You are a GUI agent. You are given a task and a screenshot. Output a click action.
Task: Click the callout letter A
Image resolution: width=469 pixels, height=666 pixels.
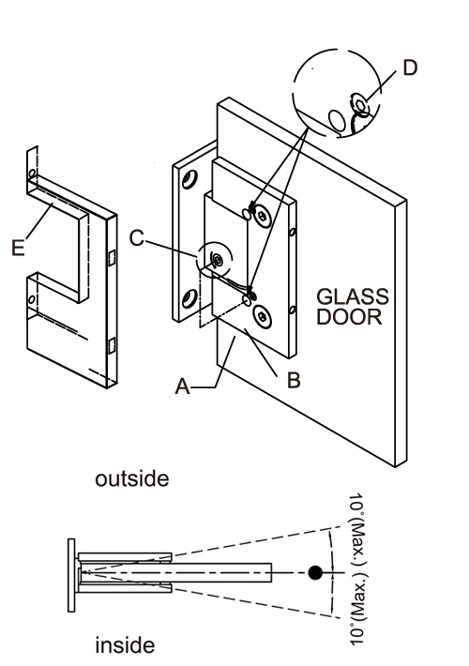coord(183,386)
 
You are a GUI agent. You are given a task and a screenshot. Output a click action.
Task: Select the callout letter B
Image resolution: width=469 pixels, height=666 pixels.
coord(294,380)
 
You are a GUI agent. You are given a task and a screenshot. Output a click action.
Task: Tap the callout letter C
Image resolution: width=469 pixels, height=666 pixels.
coord(137,238)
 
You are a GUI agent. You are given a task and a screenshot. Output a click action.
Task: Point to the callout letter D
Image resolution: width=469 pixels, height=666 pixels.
coord(410,68)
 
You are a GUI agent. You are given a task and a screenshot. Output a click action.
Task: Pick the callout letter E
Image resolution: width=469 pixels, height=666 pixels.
coord(18,248)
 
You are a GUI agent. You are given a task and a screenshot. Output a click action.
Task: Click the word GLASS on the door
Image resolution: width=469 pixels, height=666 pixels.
coord(352,296)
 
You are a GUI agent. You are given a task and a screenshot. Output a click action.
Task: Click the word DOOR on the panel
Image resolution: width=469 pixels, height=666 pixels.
coord(349,317)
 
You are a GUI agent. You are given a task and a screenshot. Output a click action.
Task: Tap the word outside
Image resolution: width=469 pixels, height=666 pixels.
coord(131,478)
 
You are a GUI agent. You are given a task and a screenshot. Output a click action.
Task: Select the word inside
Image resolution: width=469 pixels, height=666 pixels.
coord(125,645)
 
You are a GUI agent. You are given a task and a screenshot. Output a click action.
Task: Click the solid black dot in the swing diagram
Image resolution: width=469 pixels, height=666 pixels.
coord(315,572)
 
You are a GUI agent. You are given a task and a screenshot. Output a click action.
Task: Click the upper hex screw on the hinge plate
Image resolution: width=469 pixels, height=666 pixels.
coord(262,216)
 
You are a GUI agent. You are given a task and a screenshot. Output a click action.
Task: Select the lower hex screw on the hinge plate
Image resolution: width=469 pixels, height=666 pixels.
coord(262,316)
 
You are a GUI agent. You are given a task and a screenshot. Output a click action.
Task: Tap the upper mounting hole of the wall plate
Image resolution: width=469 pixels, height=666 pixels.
coord(189,179)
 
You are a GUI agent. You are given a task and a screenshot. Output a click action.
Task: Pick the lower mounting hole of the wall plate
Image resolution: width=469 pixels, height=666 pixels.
coord(189,298)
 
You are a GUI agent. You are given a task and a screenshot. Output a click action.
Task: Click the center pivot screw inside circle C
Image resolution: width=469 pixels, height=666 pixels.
coord(218,259)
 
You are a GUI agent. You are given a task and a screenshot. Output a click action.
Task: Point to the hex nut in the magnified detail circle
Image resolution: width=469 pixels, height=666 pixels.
coord(361,104)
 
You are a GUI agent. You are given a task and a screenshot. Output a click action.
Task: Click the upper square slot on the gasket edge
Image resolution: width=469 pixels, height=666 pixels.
coord(112,257)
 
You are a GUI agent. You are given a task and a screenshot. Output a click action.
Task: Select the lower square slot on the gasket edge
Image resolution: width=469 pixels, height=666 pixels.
coord(112,346)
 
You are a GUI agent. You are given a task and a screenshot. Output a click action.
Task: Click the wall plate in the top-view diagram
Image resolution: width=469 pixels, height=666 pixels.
coord(71,576)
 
